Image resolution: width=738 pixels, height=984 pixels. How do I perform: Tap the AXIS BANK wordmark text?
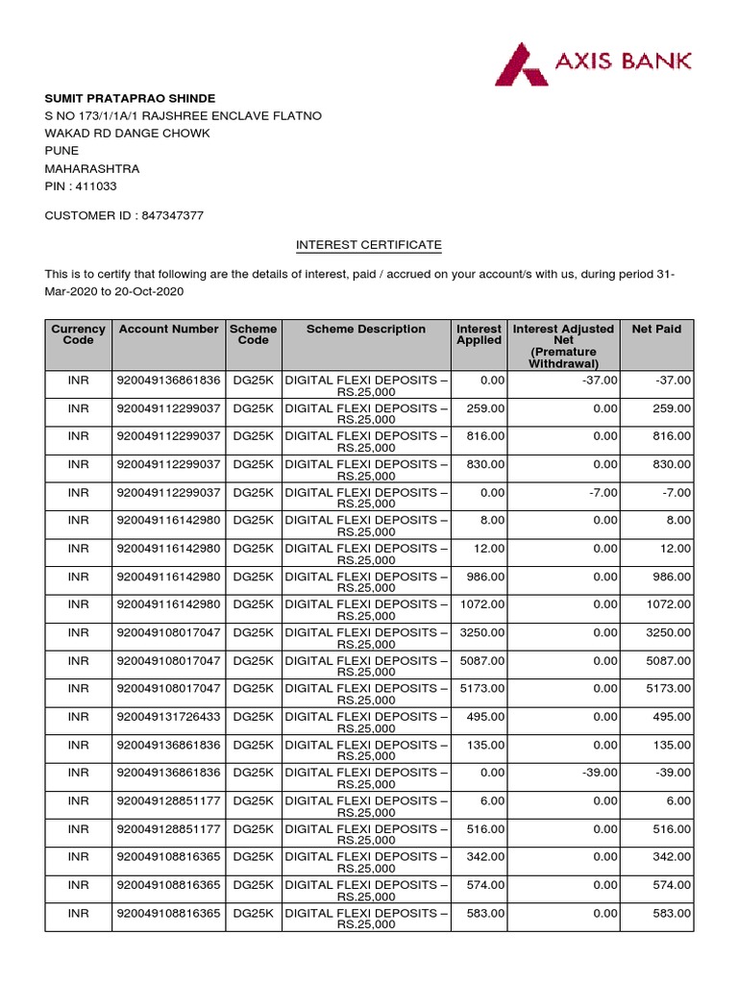click(x=623, y=61)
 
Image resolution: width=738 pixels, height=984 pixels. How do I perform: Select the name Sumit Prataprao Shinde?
click(x=130, y=98)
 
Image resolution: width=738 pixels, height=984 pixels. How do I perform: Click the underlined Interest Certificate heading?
click(x=368, y=245)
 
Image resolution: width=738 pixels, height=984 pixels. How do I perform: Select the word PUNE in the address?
click(x=62, y=151)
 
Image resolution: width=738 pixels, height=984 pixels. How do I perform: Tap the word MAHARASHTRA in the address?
click(x=92, y=168)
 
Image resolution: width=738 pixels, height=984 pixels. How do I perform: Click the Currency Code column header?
click(x=78, y=334)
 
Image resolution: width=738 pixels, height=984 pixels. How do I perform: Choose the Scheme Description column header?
click(x=365, y=329)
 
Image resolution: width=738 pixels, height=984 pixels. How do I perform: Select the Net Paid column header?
click(x=656, y=329)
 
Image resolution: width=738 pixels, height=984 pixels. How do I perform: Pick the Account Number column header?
click(x=168, y=329)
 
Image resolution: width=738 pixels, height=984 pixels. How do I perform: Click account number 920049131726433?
click(x=168, y=716)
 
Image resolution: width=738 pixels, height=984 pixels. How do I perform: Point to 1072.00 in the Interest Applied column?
click(x=480, y=604)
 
